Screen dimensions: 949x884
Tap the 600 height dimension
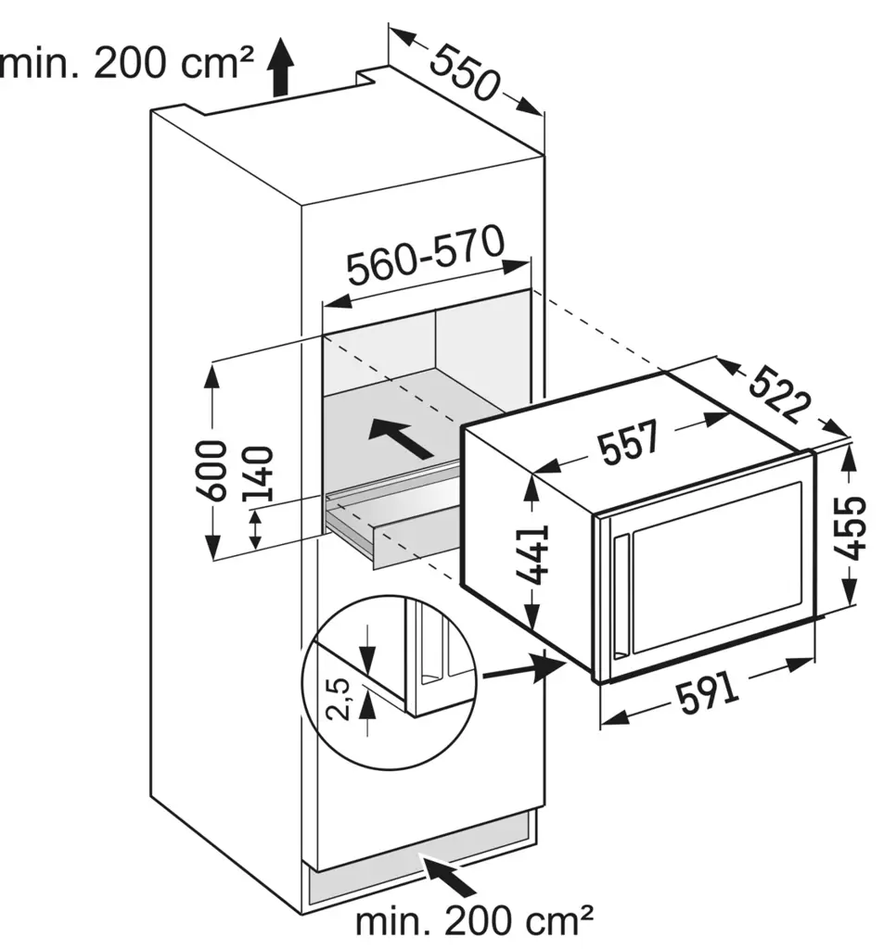point(211,470)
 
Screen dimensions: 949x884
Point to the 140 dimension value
point(259,474)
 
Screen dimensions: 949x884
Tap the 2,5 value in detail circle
point(340,698)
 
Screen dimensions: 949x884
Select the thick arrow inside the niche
point(399,437)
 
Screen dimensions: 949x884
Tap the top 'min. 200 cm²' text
point(127,64)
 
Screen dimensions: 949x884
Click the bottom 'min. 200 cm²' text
point(475,921)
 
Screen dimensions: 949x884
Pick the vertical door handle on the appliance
point(619,593)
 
